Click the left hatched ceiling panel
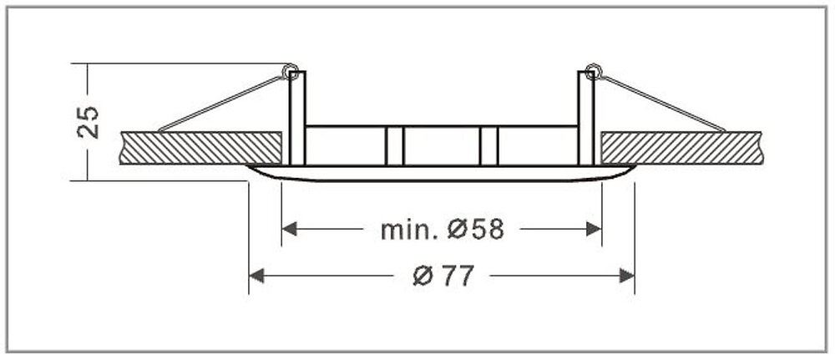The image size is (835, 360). [x=200, y=147]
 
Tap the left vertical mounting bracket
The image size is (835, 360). [x=297, y=117]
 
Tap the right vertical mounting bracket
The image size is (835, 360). [x=586, y=117]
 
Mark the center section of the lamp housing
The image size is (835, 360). [x=442, y=145]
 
